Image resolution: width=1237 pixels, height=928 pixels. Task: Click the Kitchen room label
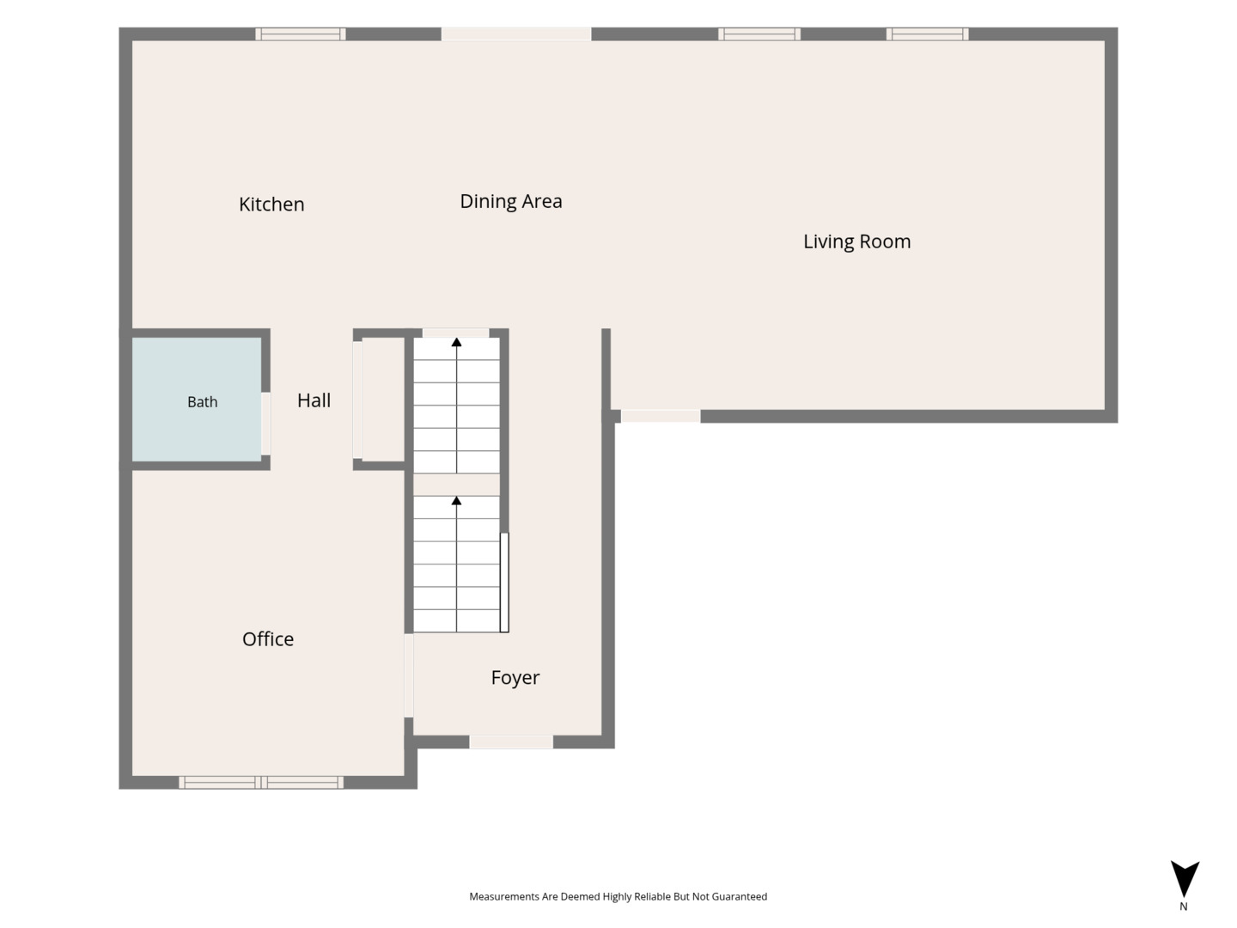[271, 204]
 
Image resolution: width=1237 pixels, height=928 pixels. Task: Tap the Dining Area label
[510, 201]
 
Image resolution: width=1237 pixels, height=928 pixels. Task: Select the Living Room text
[856, 241]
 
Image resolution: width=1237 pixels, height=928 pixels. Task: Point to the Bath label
[203, 402]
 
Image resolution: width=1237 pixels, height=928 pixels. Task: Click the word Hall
[314, 400]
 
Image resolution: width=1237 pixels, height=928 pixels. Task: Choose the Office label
[268, 639]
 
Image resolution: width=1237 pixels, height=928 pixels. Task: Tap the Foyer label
[515, 678]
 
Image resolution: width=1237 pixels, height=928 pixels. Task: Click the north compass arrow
[1185, 878]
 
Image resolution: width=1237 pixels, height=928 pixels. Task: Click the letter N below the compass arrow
[1184, 907]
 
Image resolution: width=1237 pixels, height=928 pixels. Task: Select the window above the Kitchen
[301, 34]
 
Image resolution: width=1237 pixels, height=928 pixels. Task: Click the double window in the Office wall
[261, 782]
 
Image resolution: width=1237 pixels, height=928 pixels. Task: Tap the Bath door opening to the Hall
[265, 423]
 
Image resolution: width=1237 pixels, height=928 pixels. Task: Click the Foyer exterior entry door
[511, 742]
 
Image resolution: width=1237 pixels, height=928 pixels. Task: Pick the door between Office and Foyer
[409, 675]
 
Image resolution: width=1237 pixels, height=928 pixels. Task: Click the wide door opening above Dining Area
[515, 34]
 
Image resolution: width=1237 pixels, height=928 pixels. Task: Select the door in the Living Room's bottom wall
[661, 417]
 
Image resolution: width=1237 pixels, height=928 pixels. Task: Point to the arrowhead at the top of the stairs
[456, 342]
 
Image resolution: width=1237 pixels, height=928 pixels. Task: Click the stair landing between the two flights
[456, 485]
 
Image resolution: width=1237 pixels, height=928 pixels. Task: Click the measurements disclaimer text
[618, 896]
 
